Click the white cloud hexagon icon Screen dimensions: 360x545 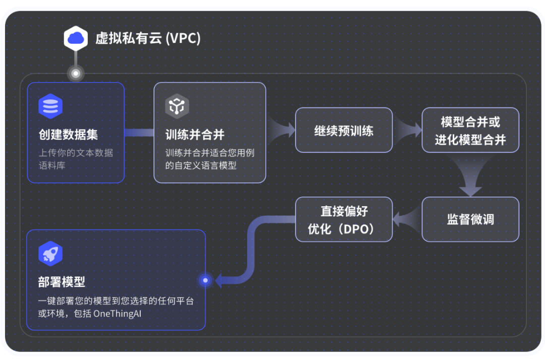pyautogui.click(x=76, y=38)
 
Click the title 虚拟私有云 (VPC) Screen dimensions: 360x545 pyautogui.click(x=148, y=38)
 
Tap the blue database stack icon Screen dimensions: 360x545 pyautogui.click(x=50, y=106)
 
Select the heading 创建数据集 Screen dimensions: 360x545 pyautogui.click(x=68, y=135)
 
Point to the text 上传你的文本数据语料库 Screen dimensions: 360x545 pyautogui.click(x=76, y=159)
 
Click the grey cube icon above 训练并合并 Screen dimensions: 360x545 pyautogui.click(x=177, y=106)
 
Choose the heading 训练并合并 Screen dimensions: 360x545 pyautogui.click(x=195, y=135)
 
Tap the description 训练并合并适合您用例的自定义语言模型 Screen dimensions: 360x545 pyautogui.click(x=209, y=159)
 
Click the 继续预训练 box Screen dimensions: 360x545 pyautogui.click(x=344, y=130)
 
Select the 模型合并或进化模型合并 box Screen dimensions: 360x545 pyautogui.click(x=470, y=130)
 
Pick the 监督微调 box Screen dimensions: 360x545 pyautogui.click(x=470, y=219)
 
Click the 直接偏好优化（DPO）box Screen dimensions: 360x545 pyautogui.click(x=344, y=219)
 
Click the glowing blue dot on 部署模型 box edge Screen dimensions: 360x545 pyautogui.click(x=205, y=280)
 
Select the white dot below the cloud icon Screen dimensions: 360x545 pyautogui.click(x=76, y=74)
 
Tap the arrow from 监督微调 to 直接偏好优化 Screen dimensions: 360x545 pyautogui.click(x=407, y=219)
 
